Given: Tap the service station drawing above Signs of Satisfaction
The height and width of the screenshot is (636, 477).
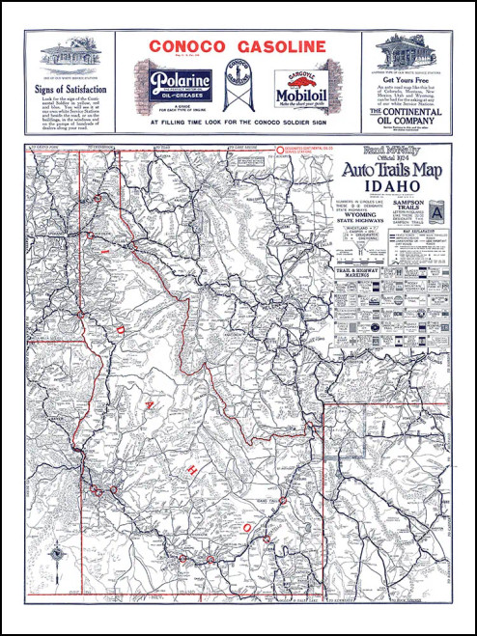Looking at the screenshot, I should [x=67, y=56].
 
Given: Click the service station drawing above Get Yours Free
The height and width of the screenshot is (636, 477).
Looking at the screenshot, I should [x=407, y=49].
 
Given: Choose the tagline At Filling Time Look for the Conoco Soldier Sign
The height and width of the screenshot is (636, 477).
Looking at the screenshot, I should [x=238, y=124].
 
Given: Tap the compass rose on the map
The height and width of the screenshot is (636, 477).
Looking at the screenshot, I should [x=57, y=553].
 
